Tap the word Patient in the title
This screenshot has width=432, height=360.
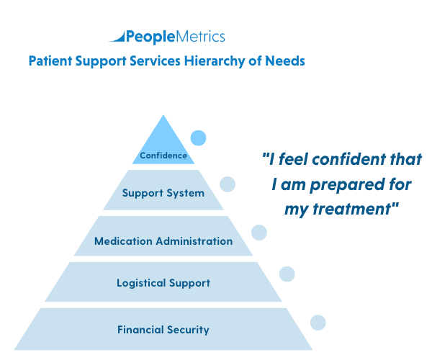tap(50, 61)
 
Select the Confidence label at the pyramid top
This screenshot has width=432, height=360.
tap(163, 155)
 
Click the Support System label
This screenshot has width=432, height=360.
tap(163, 193)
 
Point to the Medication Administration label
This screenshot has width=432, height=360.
tap(163, 241)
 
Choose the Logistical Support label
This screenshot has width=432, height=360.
tap(163, 283)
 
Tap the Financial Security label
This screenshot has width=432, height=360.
tap(163, 330)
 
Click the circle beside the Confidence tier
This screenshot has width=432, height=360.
tap(198, 138)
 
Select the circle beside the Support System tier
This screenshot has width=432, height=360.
tap(228, 184)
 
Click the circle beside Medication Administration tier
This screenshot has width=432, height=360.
tap(258, 232)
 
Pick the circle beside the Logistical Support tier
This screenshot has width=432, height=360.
tap(287, 274)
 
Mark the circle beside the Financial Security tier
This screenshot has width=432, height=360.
tap(318, 323)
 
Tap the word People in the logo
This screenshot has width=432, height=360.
tap(146, 37)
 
